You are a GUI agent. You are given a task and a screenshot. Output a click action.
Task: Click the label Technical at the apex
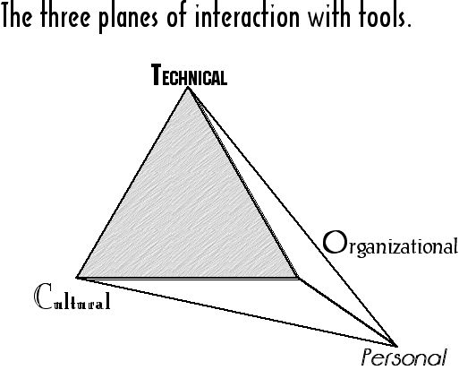tap(189, 75)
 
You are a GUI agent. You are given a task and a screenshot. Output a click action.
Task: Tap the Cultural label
tap(73, 297)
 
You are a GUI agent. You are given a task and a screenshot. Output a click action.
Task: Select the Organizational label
tap(390, 244)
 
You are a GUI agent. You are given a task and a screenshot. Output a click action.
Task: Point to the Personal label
tap(404, 357)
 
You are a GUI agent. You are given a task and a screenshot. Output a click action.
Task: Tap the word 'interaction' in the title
tap(247, 15)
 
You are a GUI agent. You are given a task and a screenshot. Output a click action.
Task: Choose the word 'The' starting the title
tap(17, 15)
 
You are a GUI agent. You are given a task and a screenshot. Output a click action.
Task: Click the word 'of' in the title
tap(177, 15)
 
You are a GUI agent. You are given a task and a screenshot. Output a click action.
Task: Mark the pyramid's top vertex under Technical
tap(188, 88)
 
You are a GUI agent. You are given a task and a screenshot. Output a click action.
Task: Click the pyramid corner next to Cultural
tap(77, 278)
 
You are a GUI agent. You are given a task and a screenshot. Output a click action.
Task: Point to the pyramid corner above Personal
tap(397, 347)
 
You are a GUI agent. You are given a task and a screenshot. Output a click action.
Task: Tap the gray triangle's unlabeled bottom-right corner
tap(299, 279)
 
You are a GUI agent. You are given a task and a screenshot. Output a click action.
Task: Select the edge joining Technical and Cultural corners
tap(132, 183)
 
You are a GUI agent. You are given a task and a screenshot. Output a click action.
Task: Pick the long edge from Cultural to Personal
tap(237, 312)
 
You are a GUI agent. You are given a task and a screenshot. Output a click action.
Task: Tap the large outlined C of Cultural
tap(44, 296)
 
